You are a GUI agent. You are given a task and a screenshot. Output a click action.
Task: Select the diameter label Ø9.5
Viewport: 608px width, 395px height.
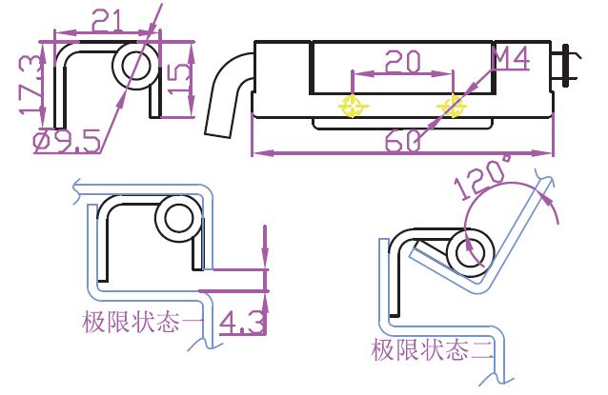67,144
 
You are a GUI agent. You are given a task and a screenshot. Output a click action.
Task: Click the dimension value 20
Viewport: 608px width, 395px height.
402,62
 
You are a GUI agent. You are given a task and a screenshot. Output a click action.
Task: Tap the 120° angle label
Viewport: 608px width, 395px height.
484,177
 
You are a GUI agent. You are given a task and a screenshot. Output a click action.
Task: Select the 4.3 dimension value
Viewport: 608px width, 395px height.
241,324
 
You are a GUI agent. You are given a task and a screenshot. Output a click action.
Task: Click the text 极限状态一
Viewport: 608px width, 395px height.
143,323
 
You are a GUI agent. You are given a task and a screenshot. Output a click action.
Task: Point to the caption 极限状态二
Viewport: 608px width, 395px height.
434,349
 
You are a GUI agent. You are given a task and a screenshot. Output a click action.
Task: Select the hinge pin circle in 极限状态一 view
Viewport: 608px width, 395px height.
178,218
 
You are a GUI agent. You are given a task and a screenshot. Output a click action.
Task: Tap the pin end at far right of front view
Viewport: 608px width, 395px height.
568,66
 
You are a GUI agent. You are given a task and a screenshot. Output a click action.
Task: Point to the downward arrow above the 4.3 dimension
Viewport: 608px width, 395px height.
265,257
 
